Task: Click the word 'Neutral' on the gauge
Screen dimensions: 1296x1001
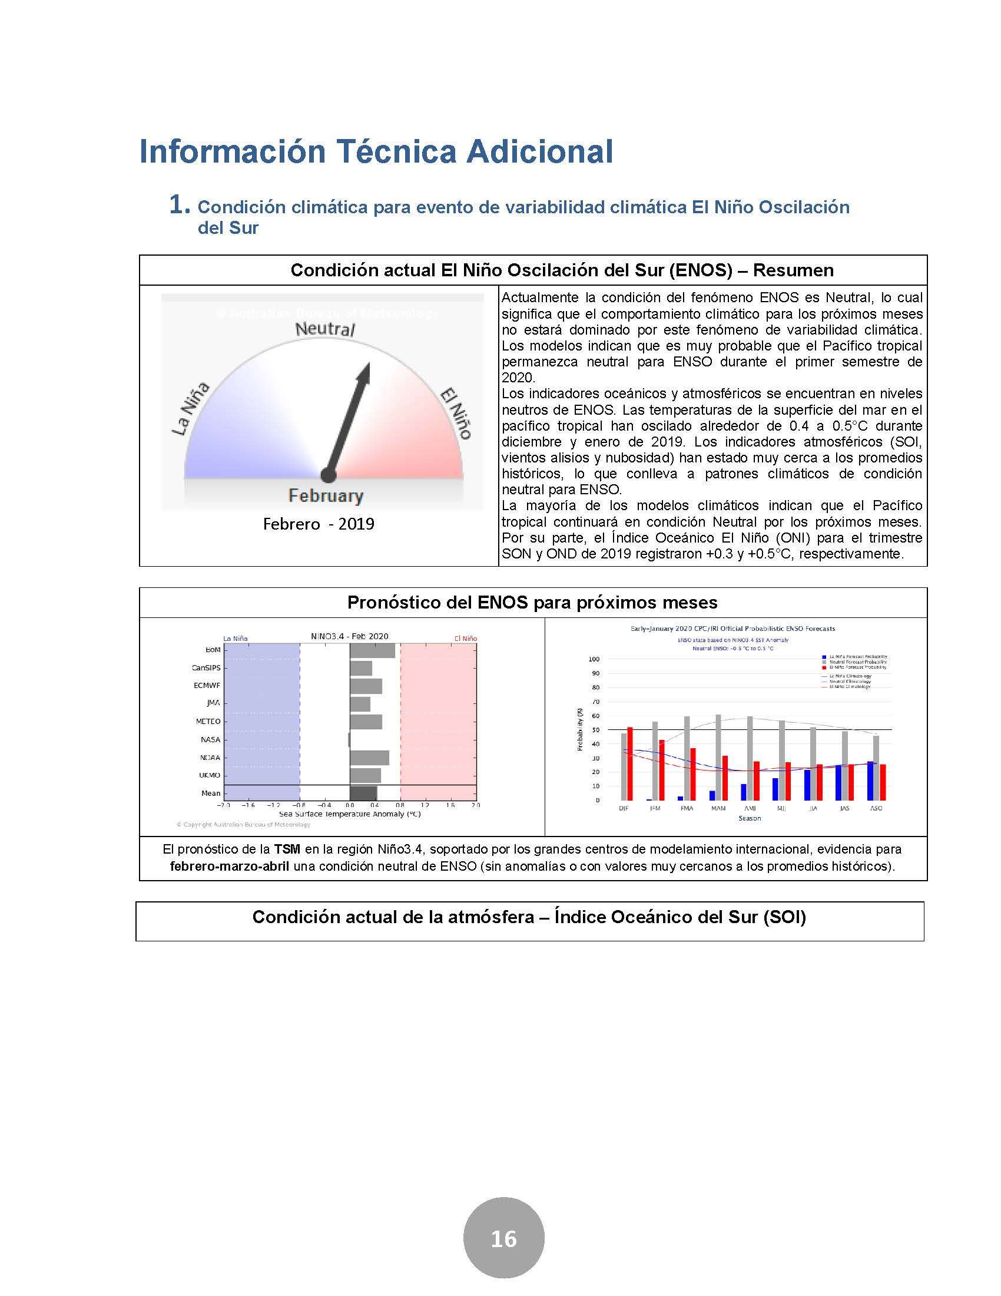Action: click(x=325, y=329)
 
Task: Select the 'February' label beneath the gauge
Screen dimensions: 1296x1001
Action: click(x=326, y=495)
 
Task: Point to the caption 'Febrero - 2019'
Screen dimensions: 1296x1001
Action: click(x=319, y=524)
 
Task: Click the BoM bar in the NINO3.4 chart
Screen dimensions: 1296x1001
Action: click(x=372, y=650)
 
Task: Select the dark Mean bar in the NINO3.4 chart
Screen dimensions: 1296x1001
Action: click(x=363, y=794)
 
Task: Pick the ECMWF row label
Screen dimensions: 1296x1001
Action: click(x=207, y=685)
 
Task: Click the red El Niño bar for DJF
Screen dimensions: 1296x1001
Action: click(x=630, y=763)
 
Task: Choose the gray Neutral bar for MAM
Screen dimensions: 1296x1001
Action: click(x=718, y=757)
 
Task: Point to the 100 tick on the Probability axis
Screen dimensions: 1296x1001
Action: click(x=594, y=659)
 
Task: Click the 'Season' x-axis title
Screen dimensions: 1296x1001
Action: click(x=750, y=818)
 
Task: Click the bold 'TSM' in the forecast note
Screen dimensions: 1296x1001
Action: click(x=287, y=849)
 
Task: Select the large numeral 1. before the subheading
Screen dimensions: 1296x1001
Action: click(x=179, y=206)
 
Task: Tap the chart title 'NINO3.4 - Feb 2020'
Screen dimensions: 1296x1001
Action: click(x=349, y=637)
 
